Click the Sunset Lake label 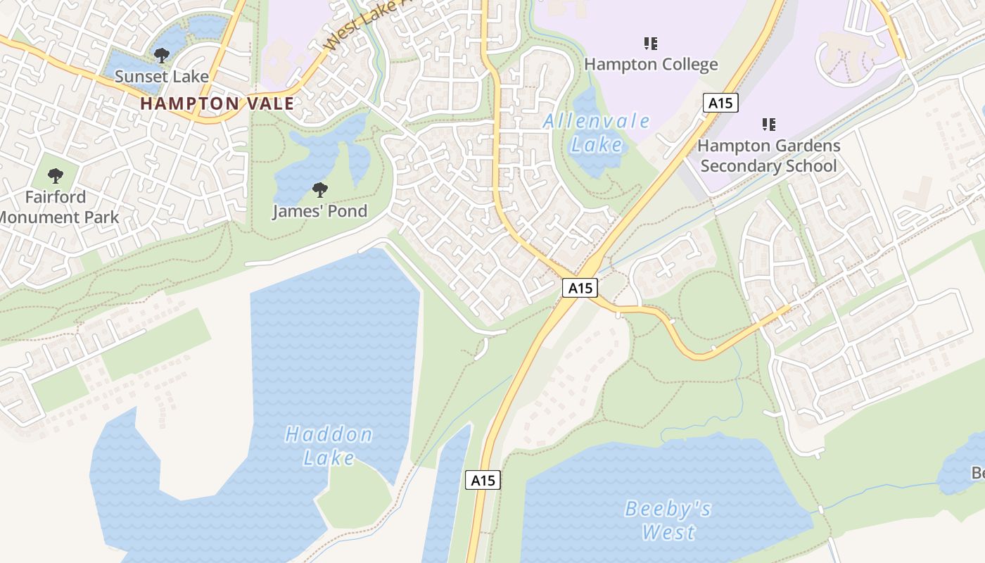(162, 76)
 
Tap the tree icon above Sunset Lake (162, 55)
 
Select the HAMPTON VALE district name (217, 103)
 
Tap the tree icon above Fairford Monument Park (56, 176)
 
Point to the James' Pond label (319, 211)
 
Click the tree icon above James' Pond (319, 189)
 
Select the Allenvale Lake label (597, 133)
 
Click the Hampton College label (651, 65)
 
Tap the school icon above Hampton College (651, 44)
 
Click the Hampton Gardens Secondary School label (768, 156)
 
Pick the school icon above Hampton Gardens (769, 125)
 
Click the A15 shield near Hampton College (720, 103)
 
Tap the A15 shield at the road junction (580, 287)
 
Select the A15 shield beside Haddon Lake (483, 481)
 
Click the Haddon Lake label (329, 446)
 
